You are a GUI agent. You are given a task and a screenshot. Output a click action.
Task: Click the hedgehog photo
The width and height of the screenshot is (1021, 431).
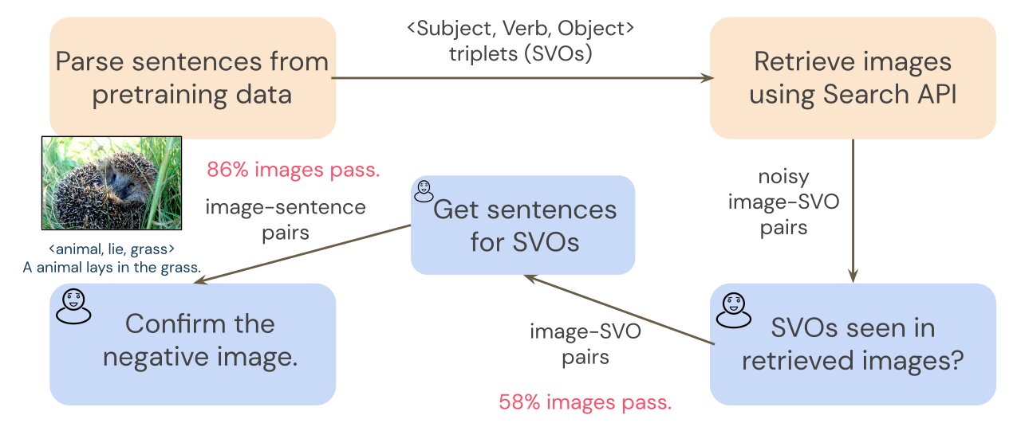(112, 183)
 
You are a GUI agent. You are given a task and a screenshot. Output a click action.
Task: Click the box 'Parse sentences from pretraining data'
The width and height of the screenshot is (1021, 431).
(192, 78)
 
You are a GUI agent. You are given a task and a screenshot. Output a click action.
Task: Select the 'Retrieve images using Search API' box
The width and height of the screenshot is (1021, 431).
(853, 78)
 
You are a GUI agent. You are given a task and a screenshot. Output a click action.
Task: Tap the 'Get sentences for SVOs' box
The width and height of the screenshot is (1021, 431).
(522, 225)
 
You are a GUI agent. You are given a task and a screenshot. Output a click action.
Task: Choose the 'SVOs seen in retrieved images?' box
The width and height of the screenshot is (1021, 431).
(853, 343)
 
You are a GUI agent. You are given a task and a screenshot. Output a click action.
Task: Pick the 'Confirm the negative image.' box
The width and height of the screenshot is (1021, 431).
(192, 343)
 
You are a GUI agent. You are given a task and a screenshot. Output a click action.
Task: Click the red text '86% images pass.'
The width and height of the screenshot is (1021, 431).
(294, 170)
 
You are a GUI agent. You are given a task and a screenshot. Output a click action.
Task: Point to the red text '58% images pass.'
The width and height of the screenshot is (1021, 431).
(585, 402)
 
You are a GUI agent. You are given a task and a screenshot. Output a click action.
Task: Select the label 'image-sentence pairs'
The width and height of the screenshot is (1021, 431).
(286, 220)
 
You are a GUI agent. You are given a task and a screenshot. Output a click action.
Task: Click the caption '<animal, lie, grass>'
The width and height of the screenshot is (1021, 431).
(111, 248)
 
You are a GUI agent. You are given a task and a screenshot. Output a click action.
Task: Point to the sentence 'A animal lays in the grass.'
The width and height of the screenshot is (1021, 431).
(111, 267)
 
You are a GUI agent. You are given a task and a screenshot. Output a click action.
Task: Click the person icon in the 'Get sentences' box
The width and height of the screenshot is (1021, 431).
(423, 190)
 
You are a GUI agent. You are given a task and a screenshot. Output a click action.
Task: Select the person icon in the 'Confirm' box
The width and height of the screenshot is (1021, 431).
(73, 306)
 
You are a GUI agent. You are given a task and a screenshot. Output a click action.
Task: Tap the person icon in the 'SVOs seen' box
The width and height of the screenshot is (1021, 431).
(734, 308)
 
